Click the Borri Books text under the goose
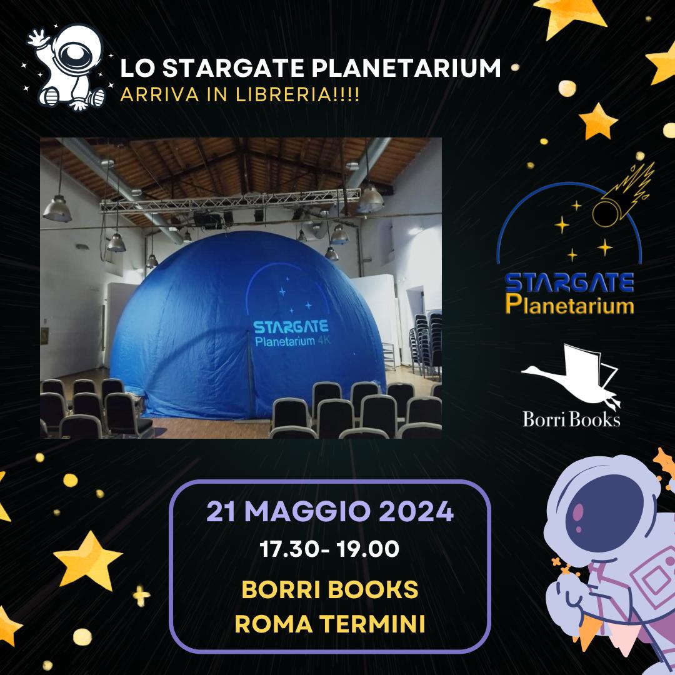[571, 419]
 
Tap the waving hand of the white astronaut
[38, 39]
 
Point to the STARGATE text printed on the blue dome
[291, 327]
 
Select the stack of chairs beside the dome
[426, 345]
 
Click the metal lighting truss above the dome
[230, 201]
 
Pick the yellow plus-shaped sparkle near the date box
[141, 596]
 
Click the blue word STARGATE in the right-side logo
[569, 283]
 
